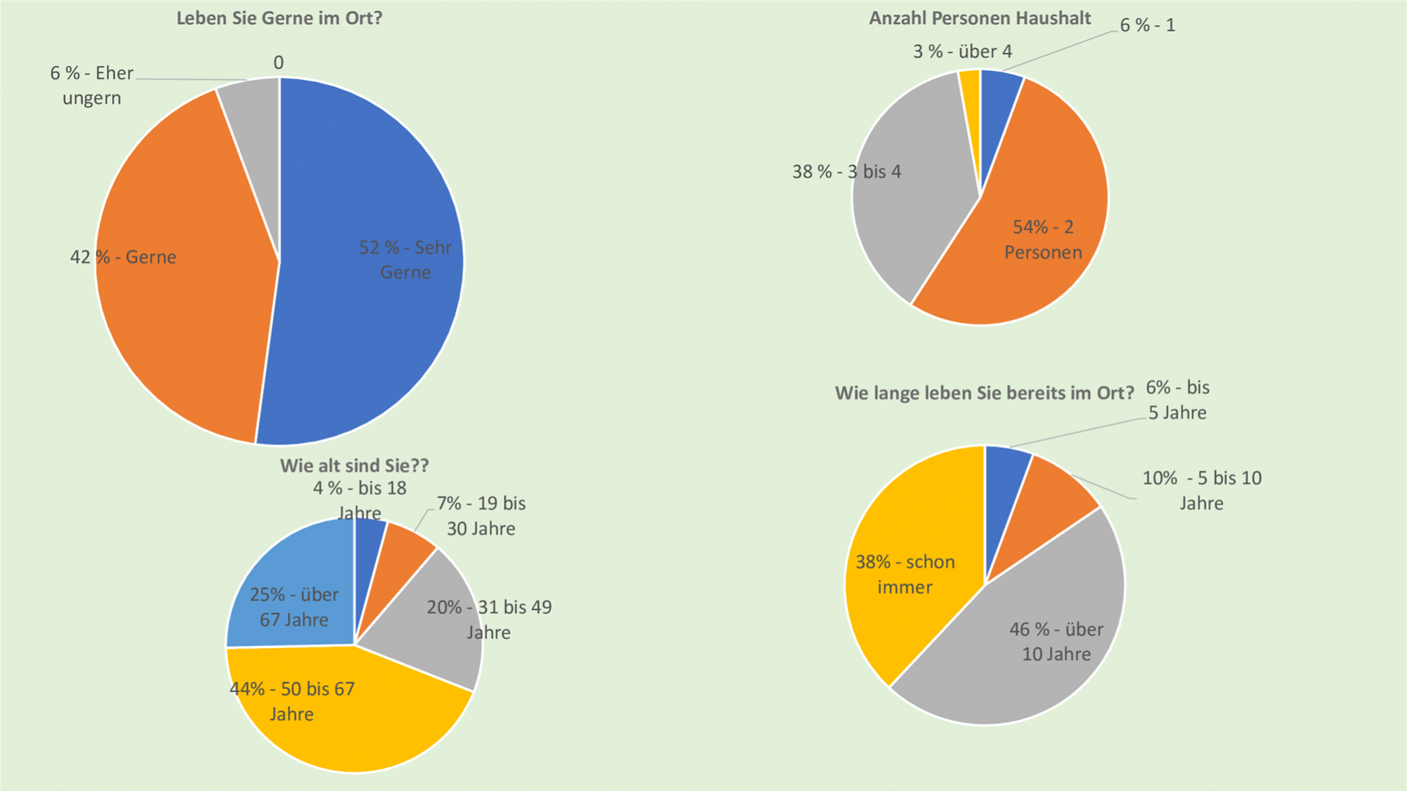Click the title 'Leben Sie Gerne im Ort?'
click(x=279, y=18)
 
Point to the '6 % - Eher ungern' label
click(x=92, y=85)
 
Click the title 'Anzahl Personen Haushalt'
click(x=980, y=18)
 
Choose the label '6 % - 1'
click(x=1147, y=25)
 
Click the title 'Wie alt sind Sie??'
click(x=354, y=466)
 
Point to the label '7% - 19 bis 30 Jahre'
click(x=481, y=516)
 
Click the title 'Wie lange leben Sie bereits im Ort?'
click(x=984, y=393)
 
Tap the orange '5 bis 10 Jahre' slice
click(x=1048, y=498)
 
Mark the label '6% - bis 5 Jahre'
click(x=1178, y=400)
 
